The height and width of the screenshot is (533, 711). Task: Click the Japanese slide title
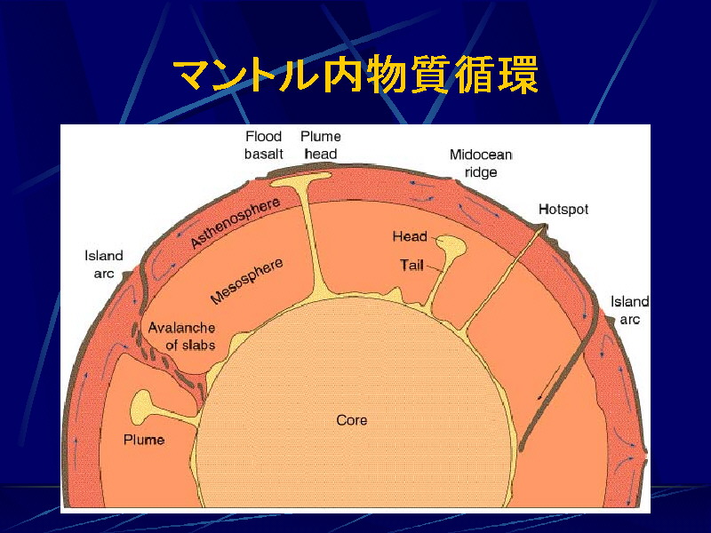point(355,75)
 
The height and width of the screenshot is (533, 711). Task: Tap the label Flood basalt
point(263,145)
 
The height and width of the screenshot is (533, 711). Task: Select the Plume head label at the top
point(321,145)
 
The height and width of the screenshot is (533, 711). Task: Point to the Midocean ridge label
point(481,163)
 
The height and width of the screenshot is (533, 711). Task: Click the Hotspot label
point(563,210)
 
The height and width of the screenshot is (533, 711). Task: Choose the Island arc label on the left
point(104,264)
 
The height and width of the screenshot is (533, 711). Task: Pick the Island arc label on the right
point(629,310)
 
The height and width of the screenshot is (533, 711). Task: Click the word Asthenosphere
point(235,223)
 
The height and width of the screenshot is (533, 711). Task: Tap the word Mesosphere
point(247,281)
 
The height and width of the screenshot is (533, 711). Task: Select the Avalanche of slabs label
point(182,336)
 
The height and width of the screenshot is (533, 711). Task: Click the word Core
point(352,420)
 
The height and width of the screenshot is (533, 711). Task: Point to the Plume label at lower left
point(144,440)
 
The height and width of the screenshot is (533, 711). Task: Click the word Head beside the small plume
point(410,236)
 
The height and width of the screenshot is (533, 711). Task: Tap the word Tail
point(411,265)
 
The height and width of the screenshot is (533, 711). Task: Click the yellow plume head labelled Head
point(451,248)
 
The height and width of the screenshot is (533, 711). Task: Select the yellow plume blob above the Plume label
point(142,406)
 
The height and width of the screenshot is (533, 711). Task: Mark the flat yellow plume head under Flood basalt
point(301,179)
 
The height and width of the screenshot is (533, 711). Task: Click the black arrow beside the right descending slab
point(548,382)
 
